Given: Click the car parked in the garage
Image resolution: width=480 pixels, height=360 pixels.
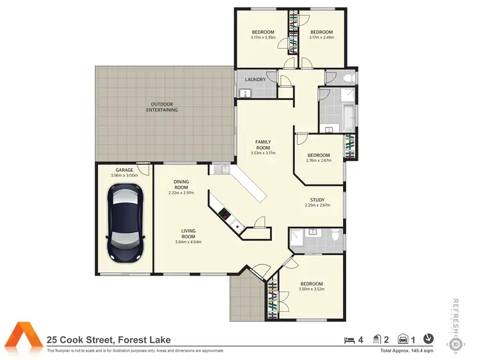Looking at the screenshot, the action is pos(125,222).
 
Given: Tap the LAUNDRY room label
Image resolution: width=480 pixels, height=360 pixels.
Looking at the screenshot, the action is pos(255,79).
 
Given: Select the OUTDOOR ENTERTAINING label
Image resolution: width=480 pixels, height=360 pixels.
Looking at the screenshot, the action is pos(162,107).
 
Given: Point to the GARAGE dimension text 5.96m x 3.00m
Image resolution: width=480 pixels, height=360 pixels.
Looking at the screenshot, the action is pos(124,176).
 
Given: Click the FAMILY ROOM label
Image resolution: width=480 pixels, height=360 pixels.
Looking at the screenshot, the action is pos(263,145).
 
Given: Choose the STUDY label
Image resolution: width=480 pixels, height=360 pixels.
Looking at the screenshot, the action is pos(317,200).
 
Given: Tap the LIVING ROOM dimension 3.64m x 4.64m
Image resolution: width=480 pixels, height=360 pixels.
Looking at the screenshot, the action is pos(188,242).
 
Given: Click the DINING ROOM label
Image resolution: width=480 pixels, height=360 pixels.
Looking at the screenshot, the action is pos(181,184).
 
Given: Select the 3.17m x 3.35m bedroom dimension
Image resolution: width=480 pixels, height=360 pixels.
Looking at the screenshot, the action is pos(263,38).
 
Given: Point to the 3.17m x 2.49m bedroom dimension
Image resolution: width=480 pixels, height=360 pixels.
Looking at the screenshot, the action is pos(321,38).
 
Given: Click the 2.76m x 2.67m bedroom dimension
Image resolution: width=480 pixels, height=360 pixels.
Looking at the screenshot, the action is pos(318,161).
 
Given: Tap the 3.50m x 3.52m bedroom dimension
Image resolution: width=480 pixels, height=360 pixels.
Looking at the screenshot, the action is pos(311,289).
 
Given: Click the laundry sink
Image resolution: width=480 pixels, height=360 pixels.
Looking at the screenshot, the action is pos(245,93).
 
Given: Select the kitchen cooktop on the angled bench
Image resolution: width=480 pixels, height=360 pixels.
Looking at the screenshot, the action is pos(225,213).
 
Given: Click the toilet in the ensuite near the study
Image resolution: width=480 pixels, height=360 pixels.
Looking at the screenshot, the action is pos(336,234).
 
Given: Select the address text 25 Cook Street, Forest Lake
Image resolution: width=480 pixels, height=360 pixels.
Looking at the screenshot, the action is pos(109,340).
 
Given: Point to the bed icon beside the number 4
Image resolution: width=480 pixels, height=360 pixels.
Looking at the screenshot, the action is pos(349,340).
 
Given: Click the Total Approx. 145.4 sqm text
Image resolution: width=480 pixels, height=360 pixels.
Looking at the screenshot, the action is pos(407,351).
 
